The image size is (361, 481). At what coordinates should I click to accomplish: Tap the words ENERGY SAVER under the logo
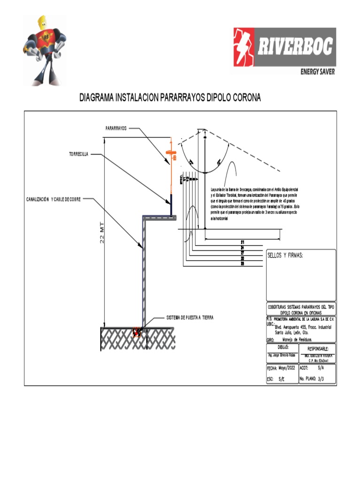click(318, 72)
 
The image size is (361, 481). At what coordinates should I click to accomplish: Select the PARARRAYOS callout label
click(116, 128)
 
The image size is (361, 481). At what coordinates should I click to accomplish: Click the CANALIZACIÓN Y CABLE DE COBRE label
click(53, 199)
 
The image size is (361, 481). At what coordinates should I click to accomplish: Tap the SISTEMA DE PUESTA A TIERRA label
click(190, 318)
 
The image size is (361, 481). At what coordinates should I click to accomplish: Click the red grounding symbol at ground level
click(137, 332)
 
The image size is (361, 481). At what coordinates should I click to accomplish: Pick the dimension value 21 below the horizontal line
click(242, 242)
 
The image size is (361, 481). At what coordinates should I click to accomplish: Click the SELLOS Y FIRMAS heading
click(285, 256)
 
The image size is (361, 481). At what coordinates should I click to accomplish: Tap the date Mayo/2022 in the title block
click(289, 369)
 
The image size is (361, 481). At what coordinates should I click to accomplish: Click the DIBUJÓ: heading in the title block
click(282, 347)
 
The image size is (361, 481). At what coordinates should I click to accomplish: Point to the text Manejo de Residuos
click(298, 339)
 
